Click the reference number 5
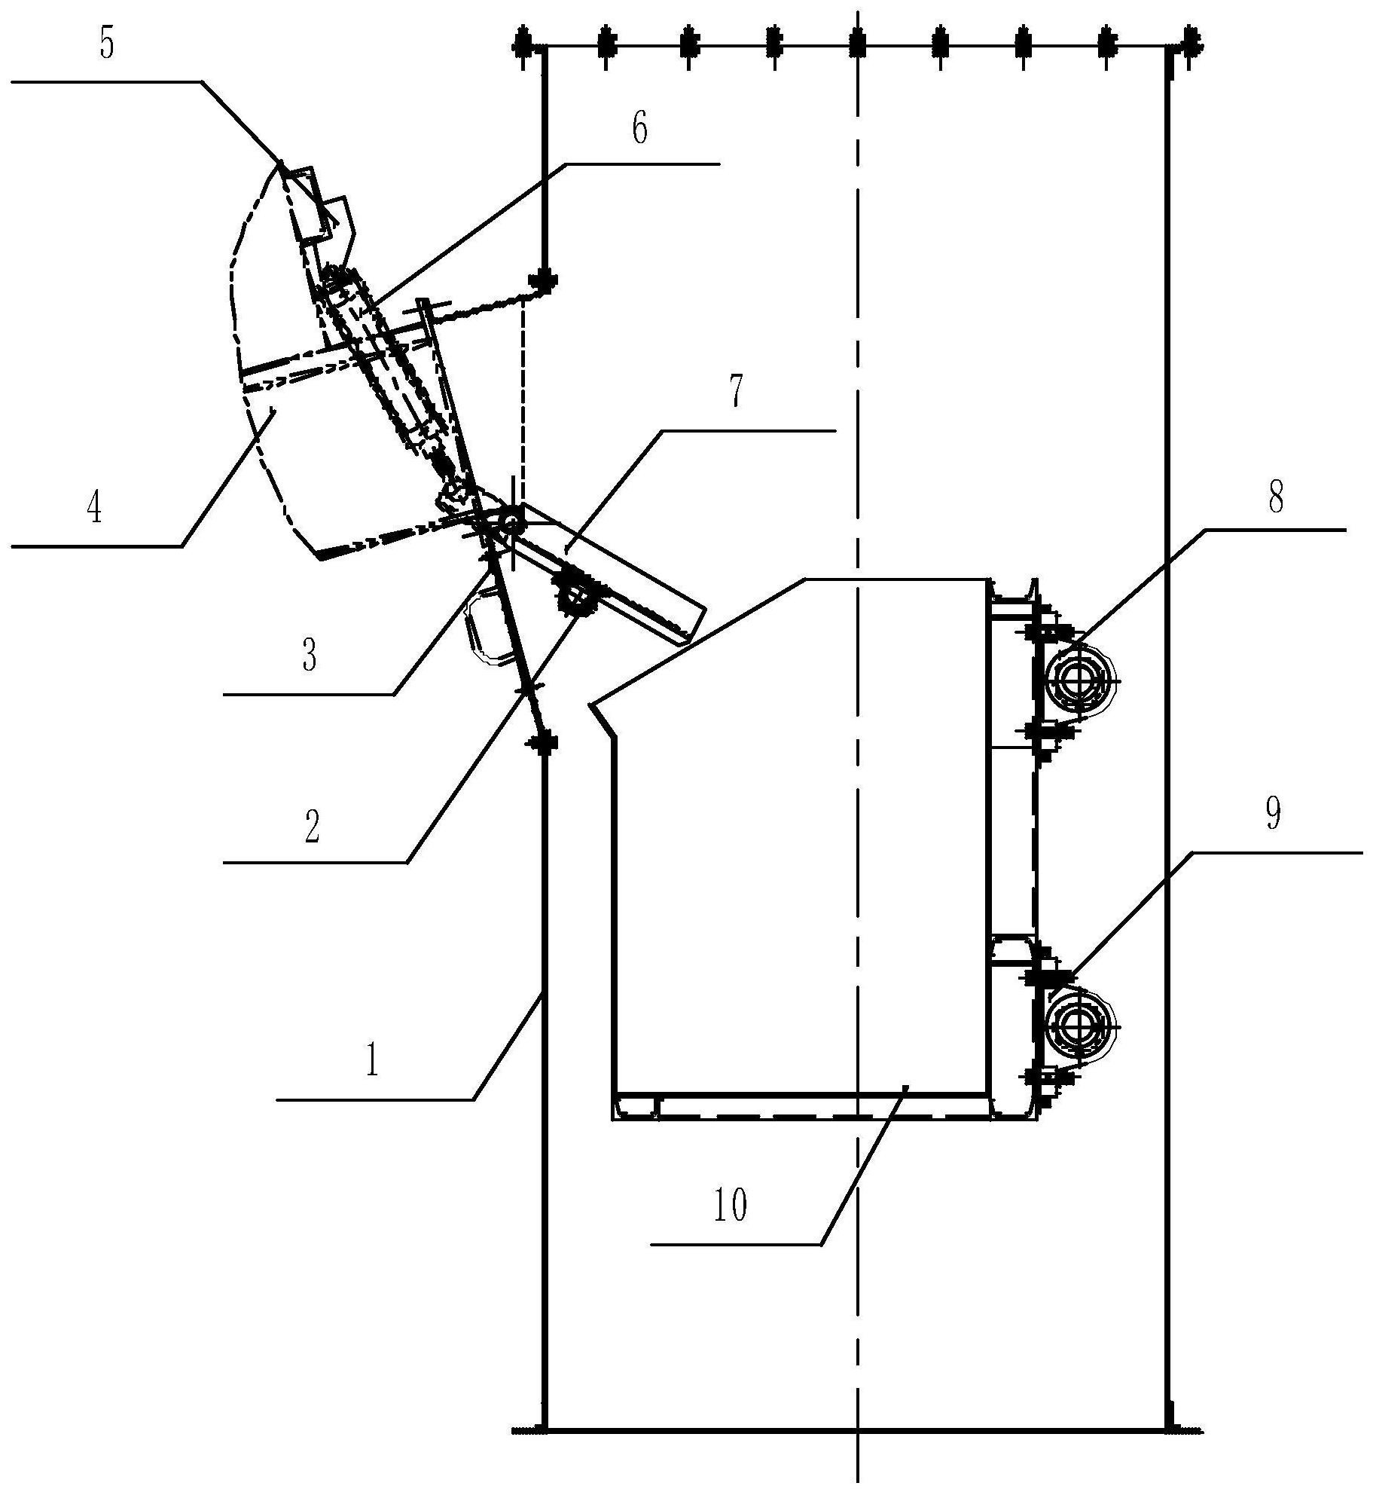tap(107, 44)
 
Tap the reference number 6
tap(639, 129)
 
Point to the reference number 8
tap(1275, 498)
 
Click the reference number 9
tap(1273, 815)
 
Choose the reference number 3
tap(309, 655)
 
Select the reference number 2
tap(311, 827)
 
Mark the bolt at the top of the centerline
tap(856, 47)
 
